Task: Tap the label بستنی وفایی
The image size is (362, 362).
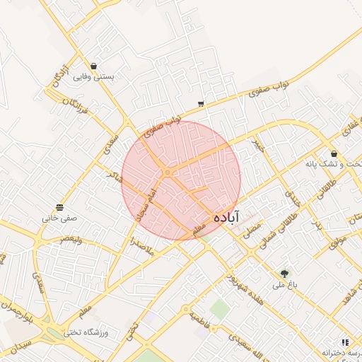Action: [x=94, y=76]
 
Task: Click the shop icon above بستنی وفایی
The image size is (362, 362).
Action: [x=94, y=66]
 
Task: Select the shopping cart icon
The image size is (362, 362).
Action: [x=202, y=104]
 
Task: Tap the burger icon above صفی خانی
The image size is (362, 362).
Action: [x=59, y=207]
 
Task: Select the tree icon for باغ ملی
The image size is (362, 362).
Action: [x=285, y=273]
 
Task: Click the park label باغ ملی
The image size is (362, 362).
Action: [x=285, y=285]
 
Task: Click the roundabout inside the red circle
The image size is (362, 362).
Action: [x=168, y=172]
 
